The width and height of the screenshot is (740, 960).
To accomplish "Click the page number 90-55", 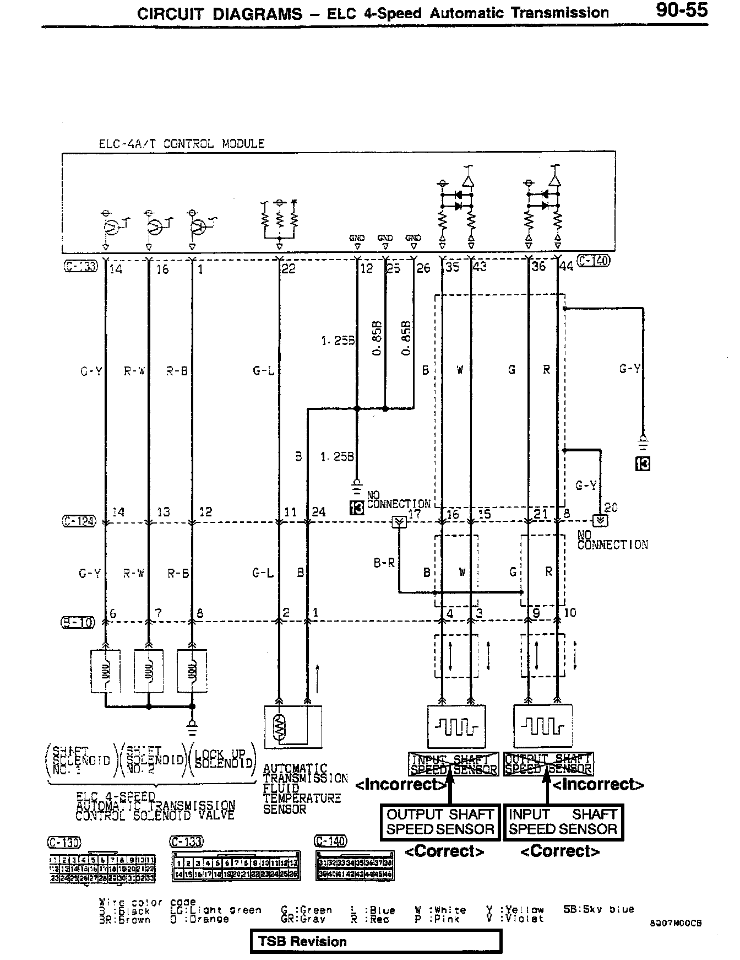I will (681, 10).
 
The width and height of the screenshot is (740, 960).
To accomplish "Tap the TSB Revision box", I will (376, 941).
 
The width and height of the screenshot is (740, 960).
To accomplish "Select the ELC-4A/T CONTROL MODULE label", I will (181, 144).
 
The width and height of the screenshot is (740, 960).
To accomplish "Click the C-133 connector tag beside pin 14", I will (80, 267).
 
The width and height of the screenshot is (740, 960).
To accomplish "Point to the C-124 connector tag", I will (79, 521).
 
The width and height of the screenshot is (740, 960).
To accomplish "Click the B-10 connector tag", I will (78, 623).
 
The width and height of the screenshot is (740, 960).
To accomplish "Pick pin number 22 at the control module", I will (289, 268).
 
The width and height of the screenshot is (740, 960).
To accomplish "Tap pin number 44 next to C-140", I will (567, 267).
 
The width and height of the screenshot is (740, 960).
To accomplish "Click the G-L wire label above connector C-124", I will (263, 371).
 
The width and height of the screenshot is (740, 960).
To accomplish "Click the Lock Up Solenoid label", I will (224, 758).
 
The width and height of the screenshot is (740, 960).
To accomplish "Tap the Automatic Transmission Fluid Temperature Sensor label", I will (304, 789).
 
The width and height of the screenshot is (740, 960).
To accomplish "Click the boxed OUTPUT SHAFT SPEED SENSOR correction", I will (439, 822).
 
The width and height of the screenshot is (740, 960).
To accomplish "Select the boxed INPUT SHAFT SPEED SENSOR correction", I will (563, 822).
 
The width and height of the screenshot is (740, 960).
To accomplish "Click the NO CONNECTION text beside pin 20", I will (612, 540).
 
